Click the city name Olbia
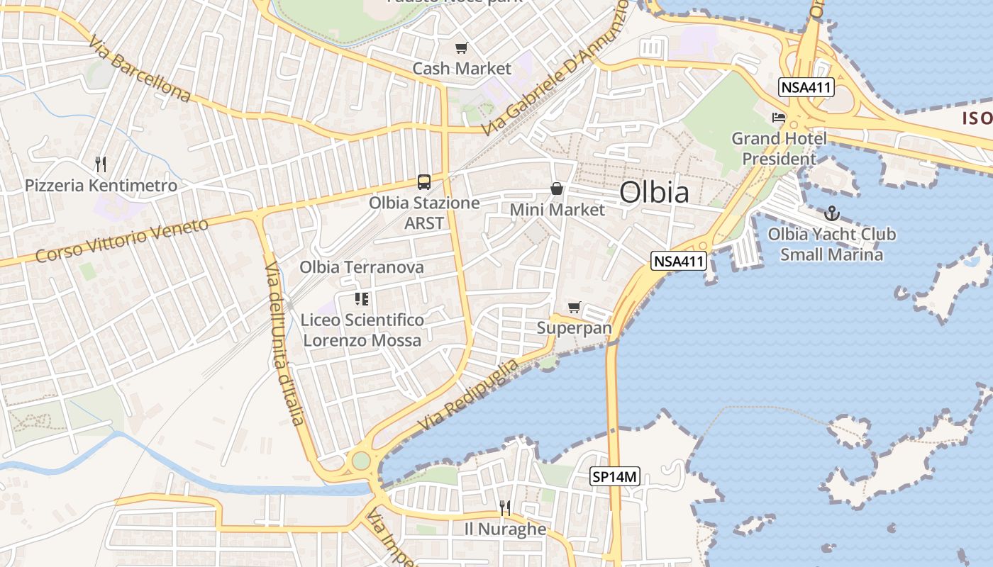[654, 192]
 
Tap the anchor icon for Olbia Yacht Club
[831, 213]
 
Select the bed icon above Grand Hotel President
[779, 117]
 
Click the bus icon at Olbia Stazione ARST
[423, 182]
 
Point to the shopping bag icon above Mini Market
[557, 189]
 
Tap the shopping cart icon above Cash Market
[462, 48]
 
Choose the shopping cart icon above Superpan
[574, 308]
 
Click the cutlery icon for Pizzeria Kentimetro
[101, 164]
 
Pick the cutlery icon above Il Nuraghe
[505, 507]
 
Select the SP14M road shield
[615, 477]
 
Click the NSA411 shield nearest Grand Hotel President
[806, 88]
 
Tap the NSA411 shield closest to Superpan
[679, 262]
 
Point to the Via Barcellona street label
[140, 69]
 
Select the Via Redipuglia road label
[468, 394]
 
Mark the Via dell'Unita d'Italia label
[284, 343]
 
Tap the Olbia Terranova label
[362, 267]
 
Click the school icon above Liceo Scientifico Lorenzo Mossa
[362, 299]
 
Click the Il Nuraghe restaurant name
[505, 529]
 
